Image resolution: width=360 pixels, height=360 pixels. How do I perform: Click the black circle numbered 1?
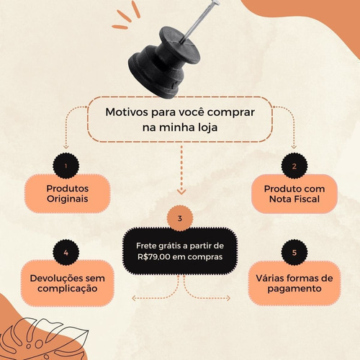pyautogui.click(x=66, y=166)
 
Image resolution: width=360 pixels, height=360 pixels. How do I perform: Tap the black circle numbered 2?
pyautogui.click(x=294, y=166)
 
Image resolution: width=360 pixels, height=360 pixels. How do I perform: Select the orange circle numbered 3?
pyautogui.click(x=180, y=218)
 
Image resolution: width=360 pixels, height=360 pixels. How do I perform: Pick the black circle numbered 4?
pyautogui.click(x=66, y=253)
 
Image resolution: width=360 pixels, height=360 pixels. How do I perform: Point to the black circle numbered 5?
pyautogui.click(x=294, y=253)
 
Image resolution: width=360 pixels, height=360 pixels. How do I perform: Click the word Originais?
pyautogui.click(x=68, y=199)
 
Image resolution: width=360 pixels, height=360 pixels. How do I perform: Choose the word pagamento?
pyautogui.click(x=294, y=289)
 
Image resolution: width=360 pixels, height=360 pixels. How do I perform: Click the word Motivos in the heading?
pyautogui.click(x=127, y=112)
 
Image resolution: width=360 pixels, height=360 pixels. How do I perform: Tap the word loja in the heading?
pyautogui.click(x=208, y=127)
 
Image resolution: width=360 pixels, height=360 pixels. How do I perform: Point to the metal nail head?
pyautogui.click(x=215, y=3)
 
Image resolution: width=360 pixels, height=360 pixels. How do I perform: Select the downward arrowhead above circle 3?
pyautogui.click(x=181, y=192)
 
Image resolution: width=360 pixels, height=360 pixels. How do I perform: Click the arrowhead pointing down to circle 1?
pyautogui.click(x=66, y=146)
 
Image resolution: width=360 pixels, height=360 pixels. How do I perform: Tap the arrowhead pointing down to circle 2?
pyautogui.click(x=294, y=146)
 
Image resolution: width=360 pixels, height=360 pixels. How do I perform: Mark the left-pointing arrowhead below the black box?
pyautogui.click(x=134, y=298)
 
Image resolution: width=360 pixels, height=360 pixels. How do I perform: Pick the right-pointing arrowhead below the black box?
pyautogui.click(x=228, y=298)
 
